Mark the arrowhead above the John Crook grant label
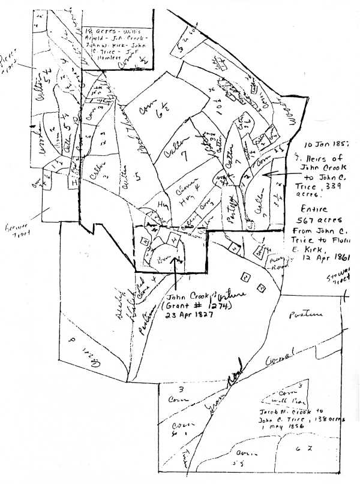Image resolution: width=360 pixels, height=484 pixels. [x=174, y=259]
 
